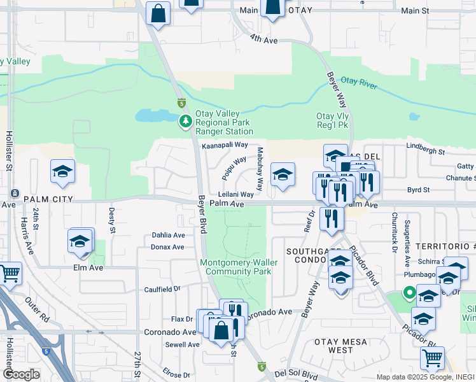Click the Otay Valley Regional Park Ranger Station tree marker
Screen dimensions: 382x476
click(186, 121)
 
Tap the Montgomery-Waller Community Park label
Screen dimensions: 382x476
click(236, 267)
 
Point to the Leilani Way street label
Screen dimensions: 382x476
click(236, 194)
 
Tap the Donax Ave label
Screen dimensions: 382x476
click(168, 247)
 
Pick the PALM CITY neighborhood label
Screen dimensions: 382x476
click(45, 199)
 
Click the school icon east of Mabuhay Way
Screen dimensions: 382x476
click(283, 174)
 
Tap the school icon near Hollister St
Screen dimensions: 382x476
click(62, 171)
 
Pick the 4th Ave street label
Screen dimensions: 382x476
click(264, 39)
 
